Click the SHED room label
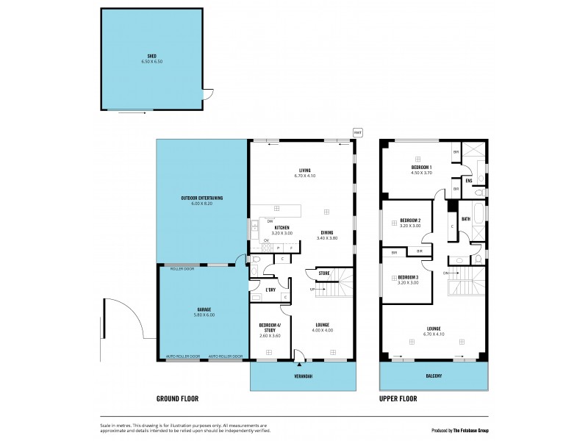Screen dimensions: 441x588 pos(152,55)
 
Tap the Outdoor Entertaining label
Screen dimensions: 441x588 pos(201,198)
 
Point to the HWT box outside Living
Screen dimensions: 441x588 pos(358,132)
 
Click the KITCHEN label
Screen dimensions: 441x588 pos(282,228)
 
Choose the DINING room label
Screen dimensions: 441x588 pos(327,233)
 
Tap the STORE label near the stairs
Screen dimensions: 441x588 pos(323,273)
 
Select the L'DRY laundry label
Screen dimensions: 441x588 pos(270,290)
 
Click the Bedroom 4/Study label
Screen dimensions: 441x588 pos(270,327)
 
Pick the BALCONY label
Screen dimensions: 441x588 pos(434,376)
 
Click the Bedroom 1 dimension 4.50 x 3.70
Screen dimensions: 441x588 pos(421,172)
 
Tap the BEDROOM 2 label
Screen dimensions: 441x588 pos(409,220)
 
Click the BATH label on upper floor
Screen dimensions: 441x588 pos(466,218)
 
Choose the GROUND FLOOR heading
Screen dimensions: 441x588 pos(177,398)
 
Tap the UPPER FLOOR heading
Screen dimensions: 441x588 pos(398,398)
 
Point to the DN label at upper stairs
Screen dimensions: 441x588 pos(445,273)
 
